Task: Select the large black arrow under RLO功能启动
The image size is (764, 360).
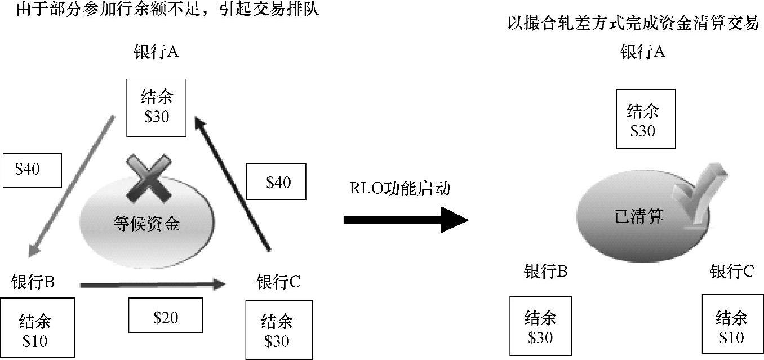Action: click(406, 220)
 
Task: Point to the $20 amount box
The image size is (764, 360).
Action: click(166, 317)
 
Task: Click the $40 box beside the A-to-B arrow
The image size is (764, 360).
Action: click(32, 170)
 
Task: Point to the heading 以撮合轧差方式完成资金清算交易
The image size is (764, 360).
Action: click(633, 24)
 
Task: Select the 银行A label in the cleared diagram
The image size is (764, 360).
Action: click(643, 52)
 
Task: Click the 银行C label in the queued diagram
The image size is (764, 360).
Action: click(278, 282)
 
